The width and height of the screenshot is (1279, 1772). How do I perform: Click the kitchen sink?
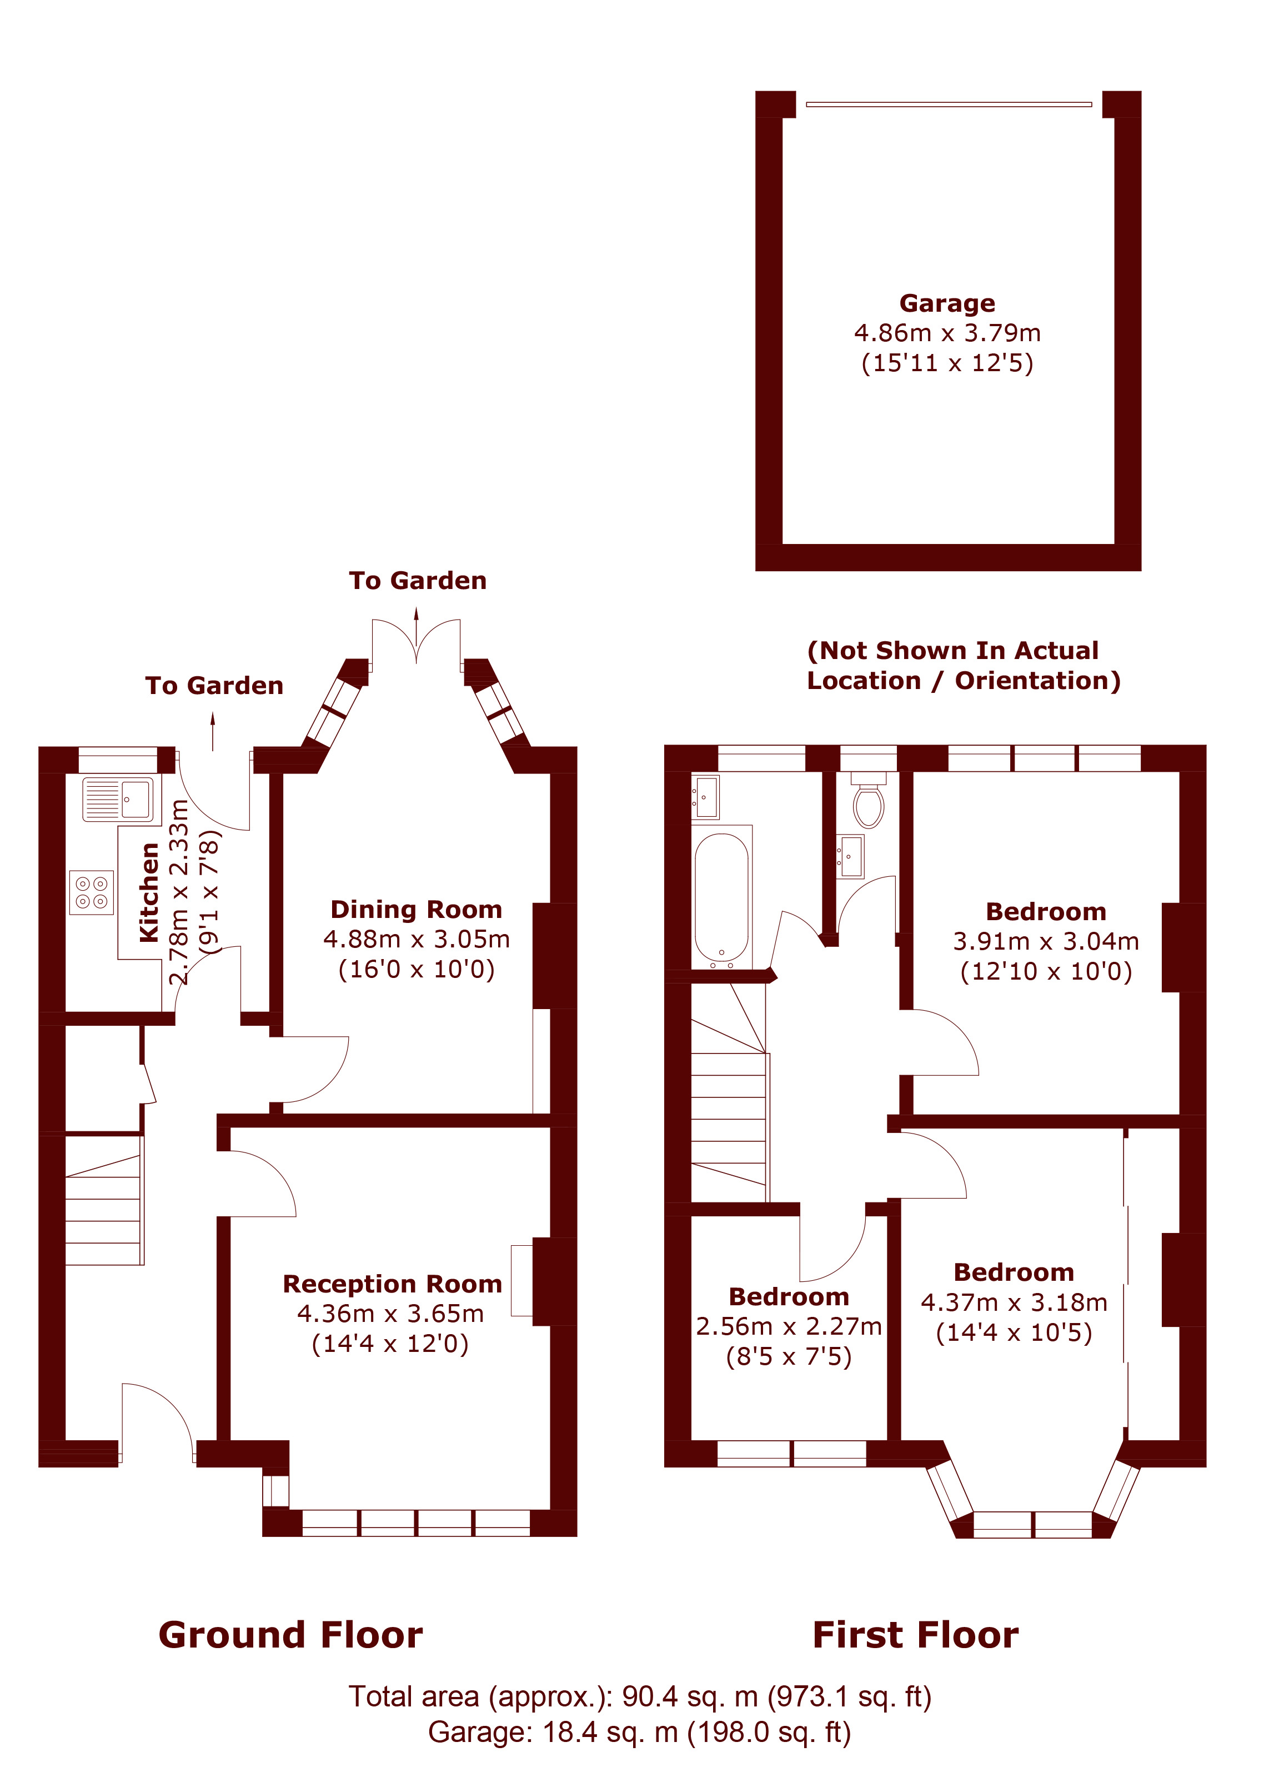click(x=118, y=798)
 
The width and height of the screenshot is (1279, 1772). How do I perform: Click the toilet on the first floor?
click(x=868, y=801)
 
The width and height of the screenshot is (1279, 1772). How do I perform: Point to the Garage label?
click(x=947, y=303)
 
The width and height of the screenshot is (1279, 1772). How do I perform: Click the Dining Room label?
click(x=416, y=910)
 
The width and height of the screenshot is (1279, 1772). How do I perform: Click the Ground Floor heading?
click(x=290, y=1635)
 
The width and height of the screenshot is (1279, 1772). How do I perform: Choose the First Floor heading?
click(x=915, y=1635)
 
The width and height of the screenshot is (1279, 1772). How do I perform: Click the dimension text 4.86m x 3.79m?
click(x=947, y=333)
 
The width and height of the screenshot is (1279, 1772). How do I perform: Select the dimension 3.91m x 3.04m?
click(x=1046, y=941)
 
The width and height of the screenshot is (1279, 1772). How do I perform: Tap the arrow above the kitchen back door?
click(x=213, y=731)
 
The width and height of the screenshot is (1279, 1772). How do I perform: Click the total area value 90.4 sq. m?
click(x=689, y=1697)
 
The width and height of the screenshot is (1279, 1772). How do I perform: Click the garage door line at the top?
click(x=949, y=104)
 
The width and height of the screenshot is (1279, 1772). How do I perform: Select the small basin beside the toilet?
click(x=850, y=856)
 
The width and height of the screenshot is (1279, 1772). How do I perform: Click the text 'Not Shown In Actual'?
click(x=952, y=650)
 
